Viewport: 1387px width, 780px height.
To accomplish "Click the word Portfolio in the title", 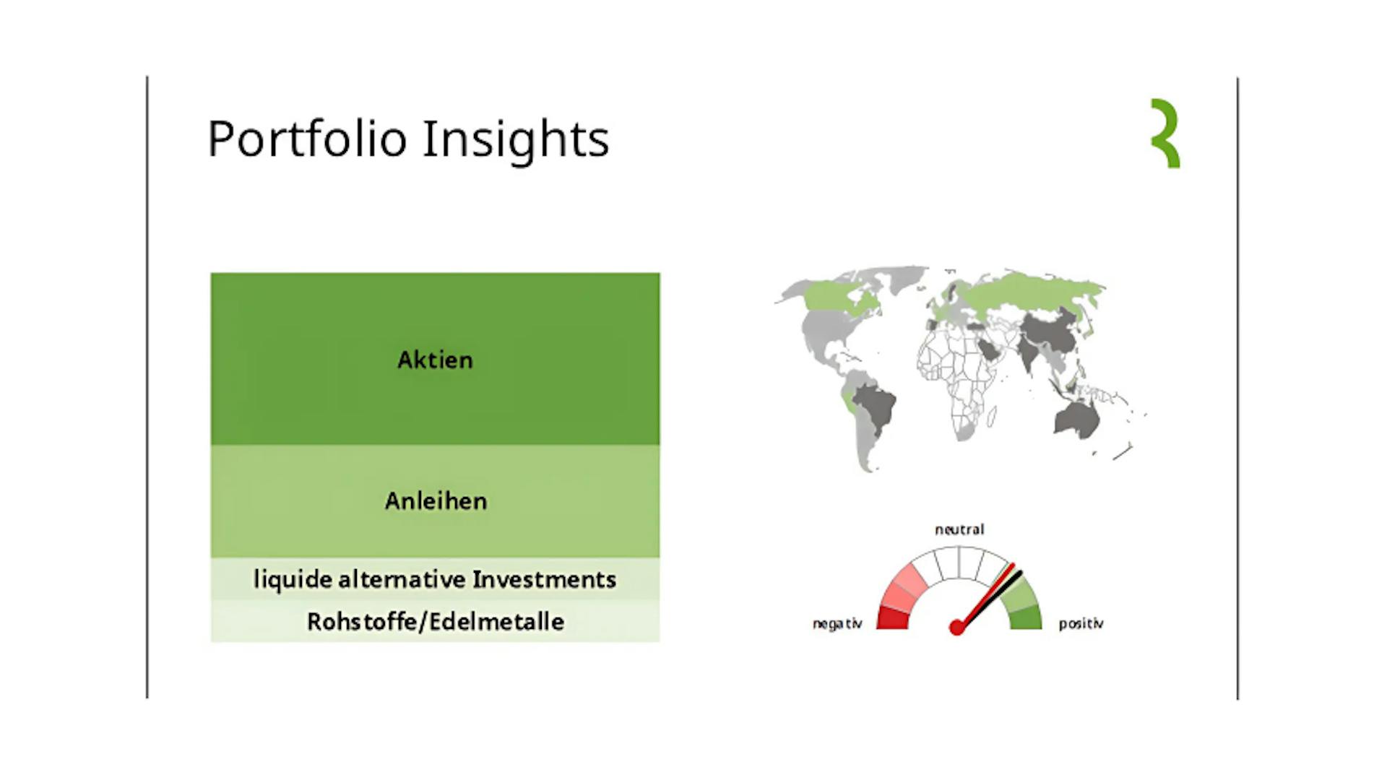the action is [307, 139].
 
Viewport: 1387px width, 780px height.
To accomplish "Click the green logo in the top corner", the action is [1165, 134].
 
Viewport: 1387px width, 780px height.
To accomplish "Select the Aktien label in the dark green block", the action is [435, 360].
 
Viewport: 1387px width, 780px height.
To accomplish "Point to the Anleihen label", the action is [436, 500].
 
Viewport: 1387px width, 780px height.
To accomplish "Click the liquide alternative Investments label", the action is [435, 579].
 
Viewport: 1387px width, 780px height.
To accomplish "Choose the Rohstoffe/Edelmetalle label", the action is [436, 621].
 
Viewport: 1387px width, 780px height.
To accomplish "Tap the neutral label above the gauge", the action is [959, 529].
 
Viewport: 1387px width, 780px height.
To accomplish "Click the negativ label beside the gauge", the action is [837, 623].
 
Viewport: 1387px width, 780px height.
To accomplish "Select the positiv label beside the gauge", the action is [1081, 623].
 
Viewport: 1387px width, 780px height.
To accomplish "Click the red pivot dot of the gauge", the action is [956, 628].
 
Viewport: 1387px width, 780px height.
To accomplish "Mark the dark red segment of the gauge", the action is [892, 618].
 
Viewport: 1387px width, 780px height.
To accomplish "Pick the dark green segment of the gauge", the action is [1026, 618].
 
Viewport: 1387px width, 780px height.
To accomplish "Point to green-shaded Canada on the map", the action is [842, 297].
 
